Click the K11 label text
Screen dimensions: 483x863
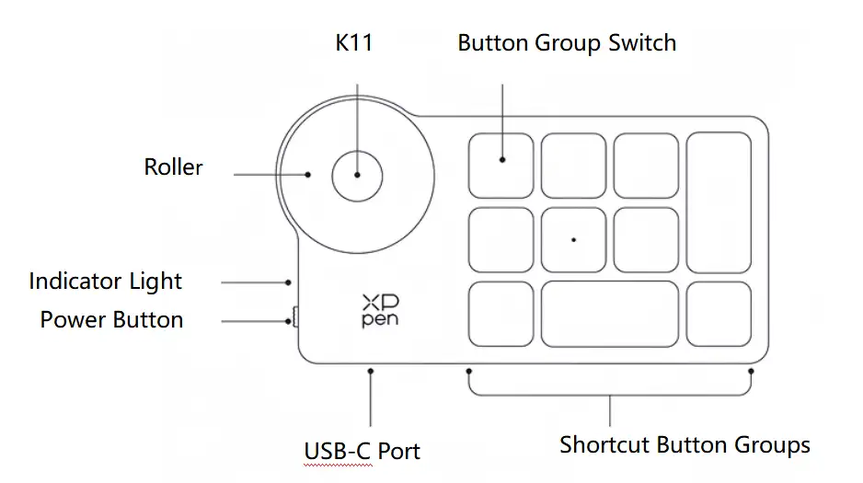354,43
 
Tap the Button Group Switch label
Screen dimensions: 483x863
567,43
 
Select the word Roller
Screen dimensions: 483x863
173,167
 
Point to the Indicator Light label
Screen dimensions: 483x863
106,282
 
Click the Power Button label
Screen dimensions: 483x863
111,320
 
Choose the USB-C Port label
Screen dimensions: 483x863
362,452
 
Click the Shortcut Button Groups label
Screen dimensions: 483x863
685,446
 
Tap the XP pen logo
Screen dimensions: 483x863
380,311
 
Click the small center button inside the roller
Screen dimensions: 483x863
356,175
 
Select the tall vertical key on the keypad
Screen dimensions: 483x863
719,202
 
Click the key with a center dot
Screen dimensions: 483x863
573,239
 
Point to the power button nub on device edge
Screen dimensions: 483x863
294,317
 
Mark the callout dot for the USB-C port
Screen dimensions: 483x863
371,371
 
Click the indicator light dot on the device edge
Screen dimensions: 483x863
289,282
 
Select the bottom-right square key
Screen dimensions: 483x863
719,314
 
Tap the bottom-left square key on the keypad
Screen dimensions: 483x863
501,314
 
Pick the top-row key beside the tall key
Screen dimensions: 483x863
646,166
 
